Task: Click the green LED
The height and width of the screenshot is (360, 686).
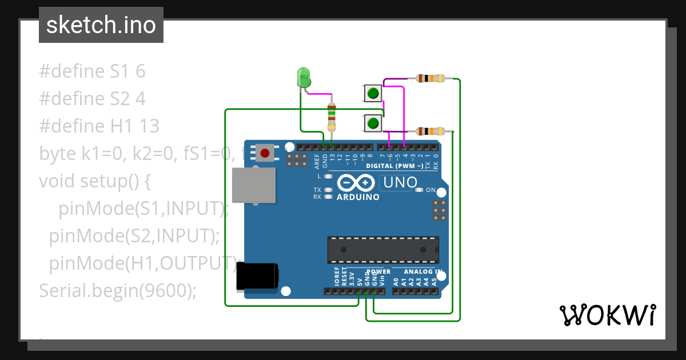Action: (x=303, y=77)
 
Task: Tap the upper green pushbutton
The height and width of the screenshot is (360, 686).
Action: (x=373, y=93)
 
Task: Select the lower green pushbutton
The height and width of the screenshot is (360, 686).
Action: (x=373, y=123)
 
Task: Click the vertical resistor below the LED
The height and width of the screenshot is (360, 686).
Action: (x=332, y=117)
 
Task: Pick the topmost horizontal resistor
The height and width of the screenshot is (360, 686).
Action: (x=430, y=78)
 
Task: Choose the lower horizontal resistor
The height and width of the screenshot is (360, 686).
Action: (x=430, y=131)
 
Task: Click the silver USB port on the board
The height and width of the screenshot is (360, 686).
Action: (x=254, y=186)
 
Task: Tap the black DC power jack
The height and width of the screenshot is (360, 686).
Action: (x=258, y=275)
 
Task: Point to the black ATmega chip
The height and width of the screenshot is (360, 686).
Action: (x=383, y=250)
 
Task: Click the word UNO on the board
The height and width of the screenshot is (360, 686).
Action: (x=400, y=183)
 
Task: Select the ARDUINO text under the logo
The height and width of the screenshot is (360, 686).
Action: (x=358, y=197)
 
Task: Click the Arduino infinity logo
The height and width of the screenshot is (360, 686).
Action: (x=357, y=183)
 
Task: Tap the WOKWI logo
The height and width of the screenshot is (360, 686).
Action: (x=607, y=315)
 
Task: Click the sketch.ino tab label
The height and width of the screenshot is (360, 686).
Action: (x=101, y=25)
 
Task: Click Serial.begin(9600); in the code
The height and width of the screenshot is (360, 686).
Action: (x=118, y=290)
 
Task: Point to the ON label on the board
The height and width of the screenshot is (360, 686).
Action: (x=430, y=190)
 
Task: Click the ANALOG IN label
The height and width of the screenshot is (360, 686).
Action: (x=422, y=271)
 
